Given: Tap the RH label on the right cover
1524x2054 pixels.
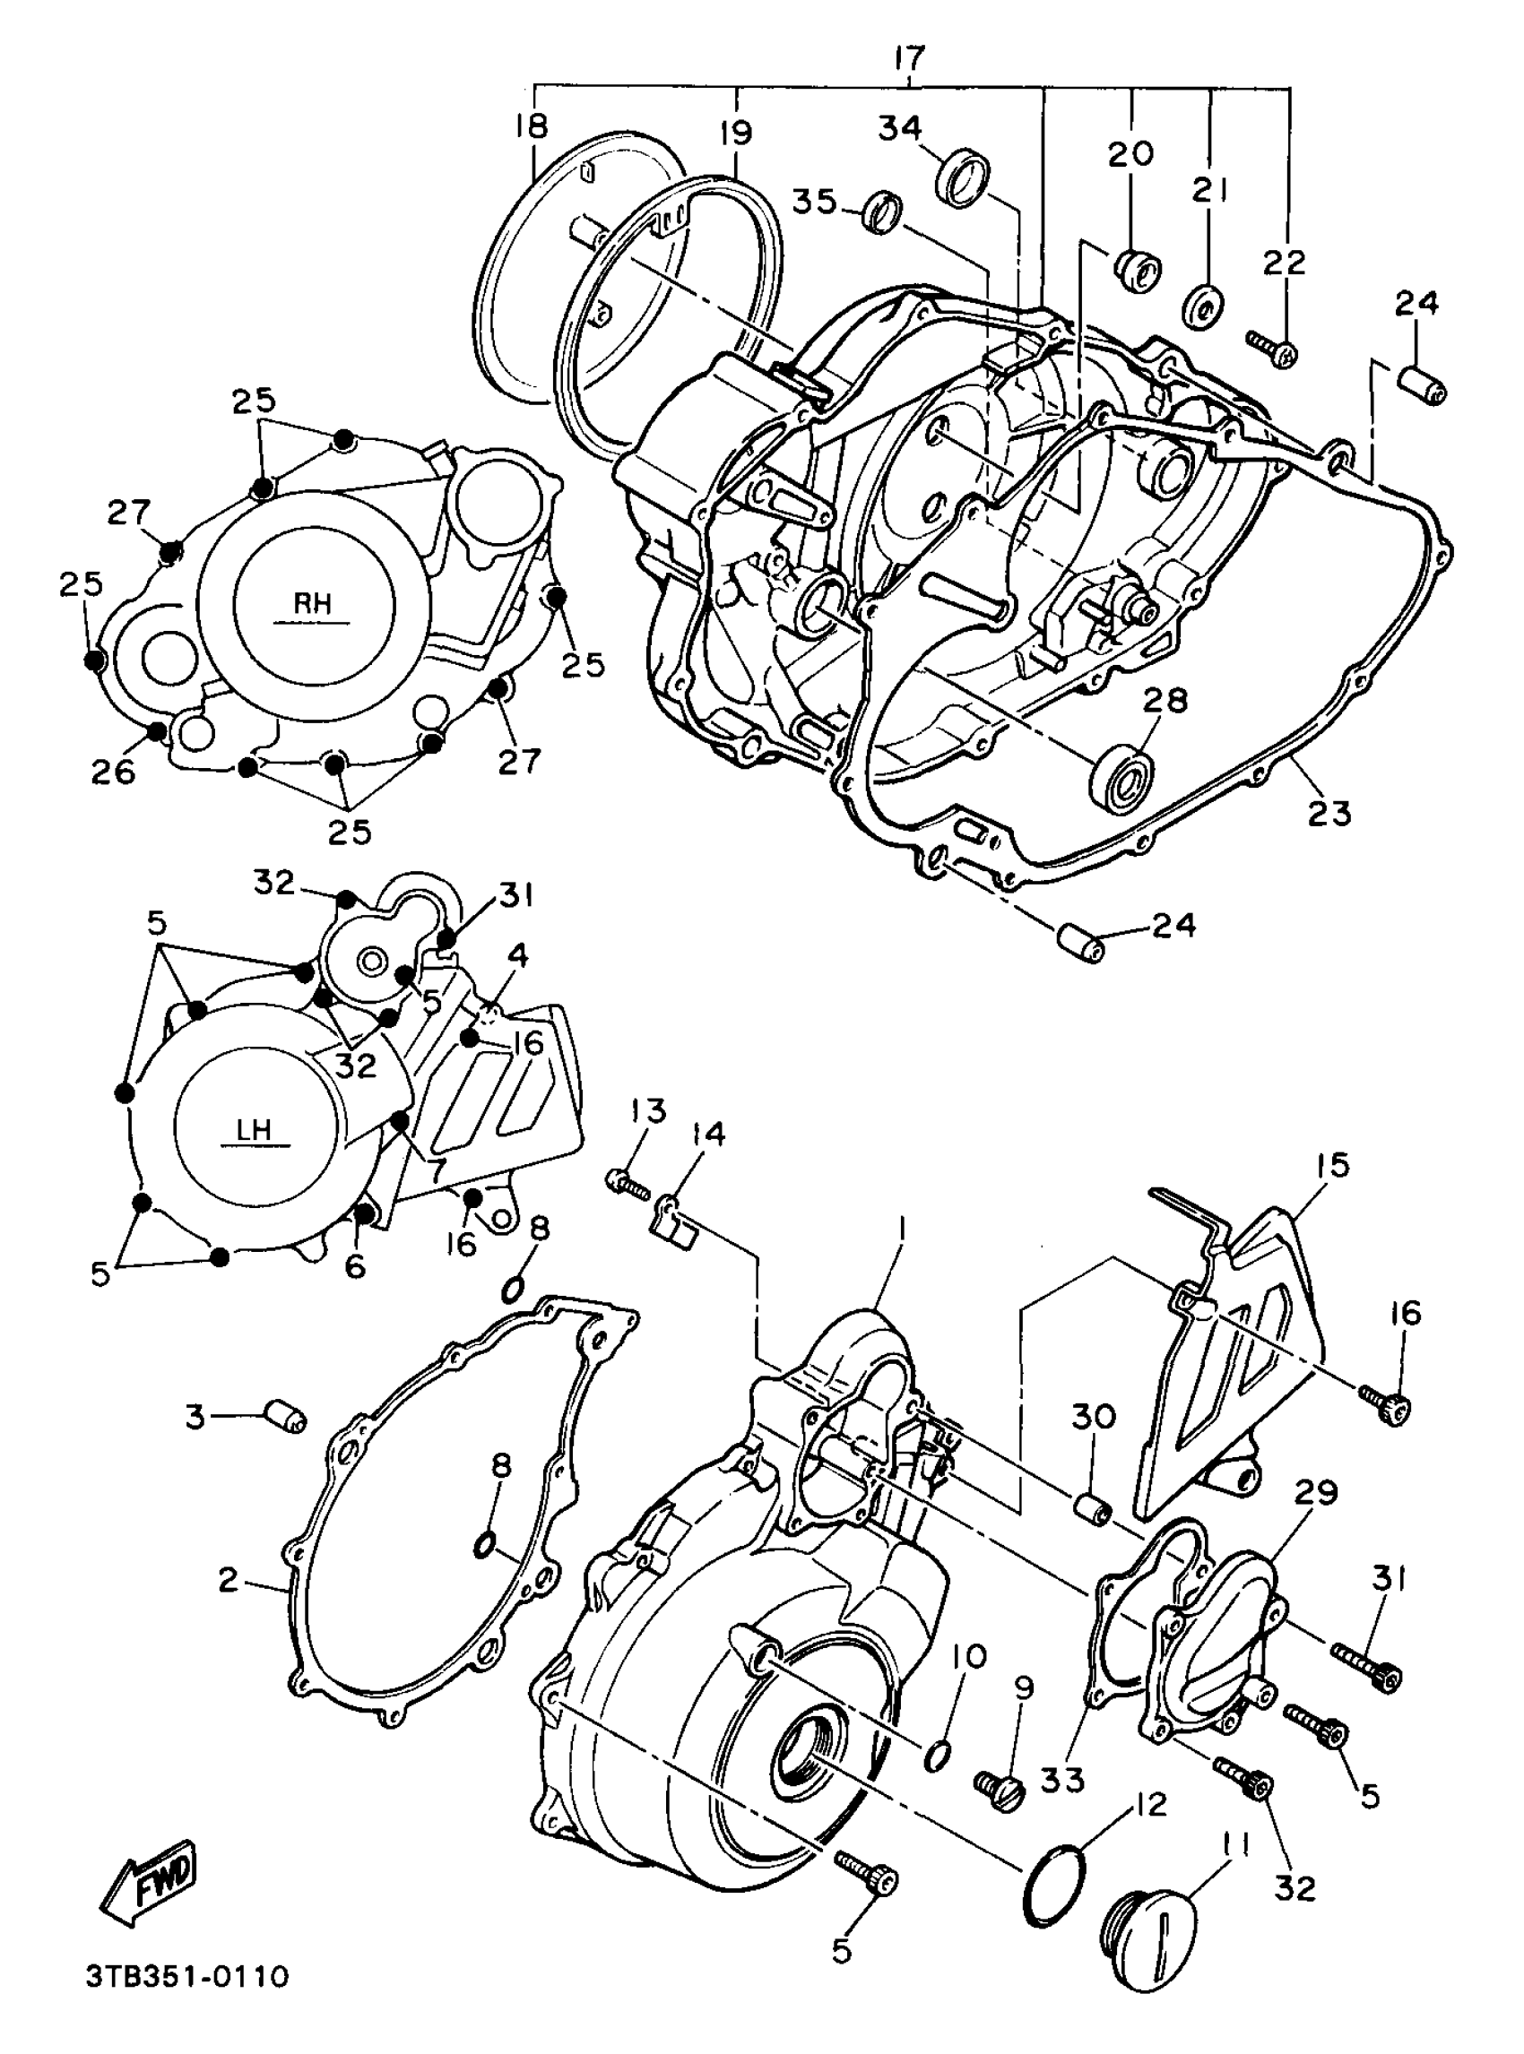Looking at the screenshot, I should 313,604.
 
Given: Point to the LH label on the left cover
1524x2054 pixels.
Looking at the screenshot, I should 254,1130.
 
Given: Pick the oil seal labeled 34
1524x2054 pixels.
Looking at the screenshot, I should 964,175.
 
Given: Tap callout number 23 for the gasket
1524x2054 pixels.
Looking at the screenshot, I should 1329,814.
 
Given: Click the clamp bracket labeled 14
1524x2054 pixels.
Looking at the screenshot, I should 675,1214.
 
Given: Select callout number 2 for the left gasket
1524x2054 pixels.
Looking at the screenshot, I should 228,1580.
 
